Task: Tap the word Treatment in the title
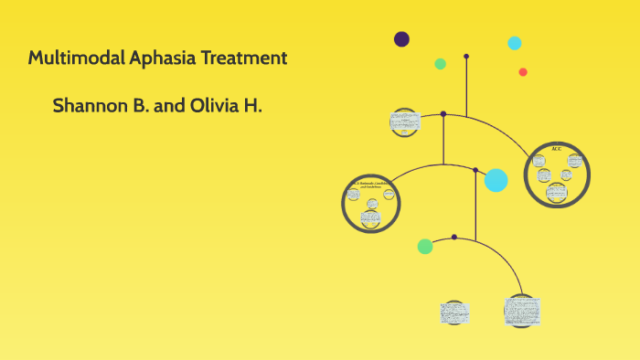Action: [240, 58]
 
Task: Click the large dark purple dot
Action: [401, 38]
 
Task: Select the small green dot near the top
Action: [440, 64]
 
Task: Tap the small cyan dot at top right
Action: [515, 42]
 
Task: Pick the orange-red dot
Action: [523, 72]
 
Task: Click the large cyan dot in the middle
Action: [496, 180]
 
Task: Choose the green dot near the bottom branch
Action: [425, 246]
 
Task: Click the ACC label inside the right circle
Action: [557, 149]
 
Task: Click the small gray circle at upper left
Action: [403, 122]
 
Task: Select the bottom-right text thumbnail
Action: [521, 311]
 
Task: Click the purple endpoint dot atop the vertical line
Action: [466, 57]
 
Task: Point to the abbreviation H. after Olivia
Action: [253, 106]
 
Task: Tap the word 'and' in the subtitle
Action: [169, 106]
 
